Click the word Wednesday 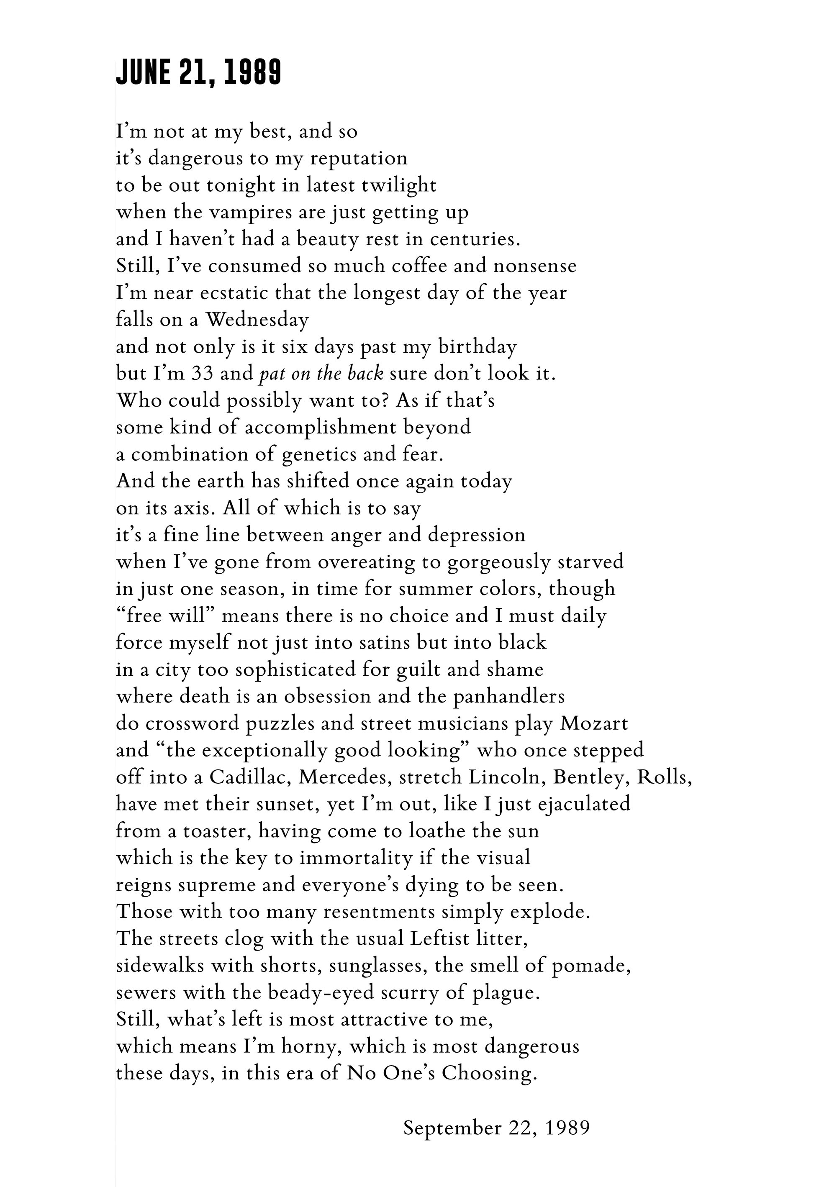tap(257, 320)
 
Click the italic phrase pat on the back tap(321, 374)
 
